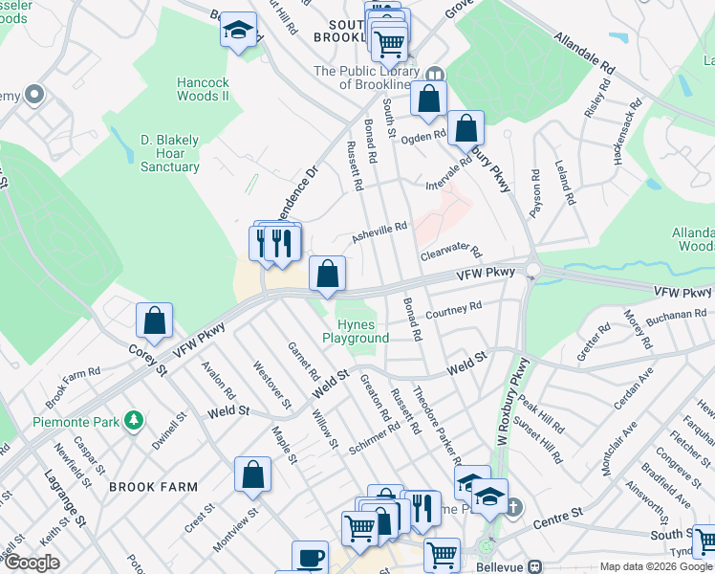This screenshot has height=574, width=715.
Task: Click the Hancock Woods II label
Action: click(x=204, y=89)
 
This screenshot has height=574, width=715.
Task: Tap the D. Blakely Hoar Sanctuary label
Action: click(x=157, y=153)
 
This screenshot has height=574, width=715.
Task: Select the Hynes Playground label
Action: click(x=356, y=331)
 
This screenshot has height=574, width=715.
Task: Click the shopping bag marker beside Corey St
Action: click(x=154, y=322)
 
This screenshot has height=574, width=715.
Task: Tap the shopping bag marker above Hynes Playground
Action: click(x=327, y=274)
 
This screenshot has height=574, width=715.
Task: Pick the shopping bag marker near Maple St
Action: click(x=252, y=475)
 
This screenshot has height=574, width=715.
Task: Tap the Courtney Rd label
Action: click(x=453, y=311)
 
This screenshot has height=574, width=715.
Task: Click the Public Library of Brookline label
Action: click(x=366, y=77)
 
